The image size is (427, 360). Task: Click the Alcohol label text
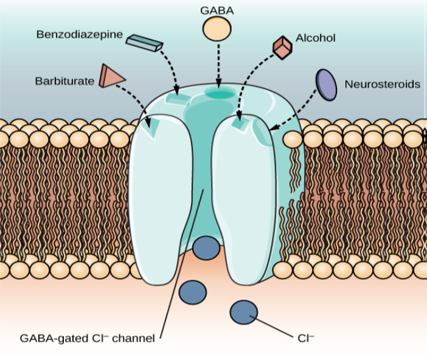pos(316,38)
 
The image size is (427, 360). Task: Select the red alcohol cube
pos(283,47)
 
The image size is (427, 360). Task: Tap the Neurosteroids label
pos(382,84)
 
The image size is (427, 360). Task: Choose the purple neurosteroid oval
pos(326,85)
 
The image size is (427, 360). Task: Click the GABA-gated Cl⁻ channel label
pos(87,337)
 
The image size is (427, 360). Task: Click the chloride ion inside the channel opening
pos(206,248)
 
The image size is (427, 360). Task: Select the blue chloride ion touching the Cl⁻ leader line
pos(243,313)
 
